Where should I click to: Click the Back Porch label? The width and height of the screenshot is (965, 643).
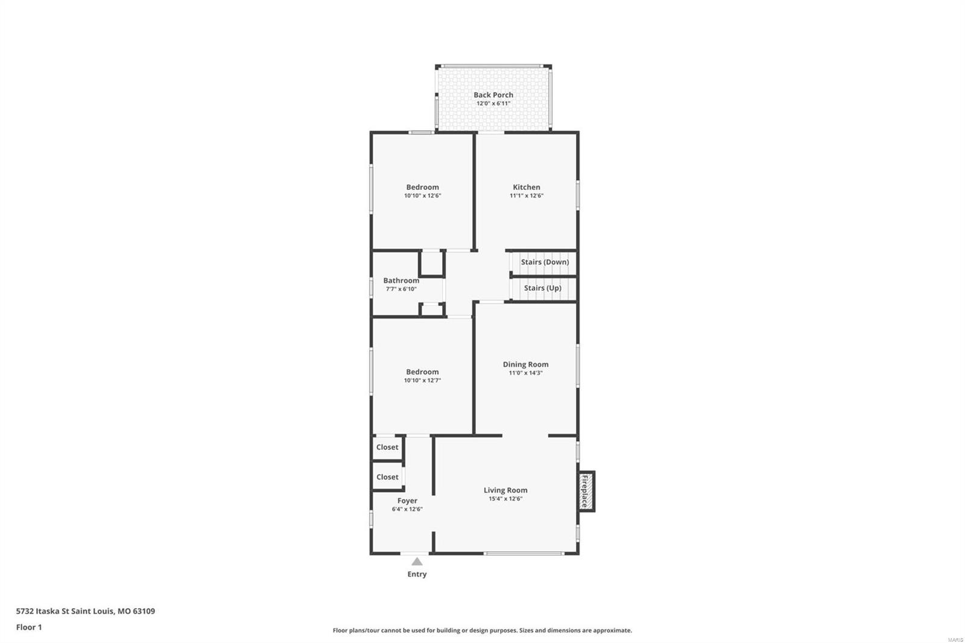click(x=493, y=95)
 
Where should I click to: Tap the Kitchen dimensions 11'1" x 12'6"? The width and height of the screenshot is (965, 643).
click(x=526, y=195)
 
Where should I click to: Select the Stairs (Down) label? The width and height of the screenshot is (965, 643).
click(x=545, y=262)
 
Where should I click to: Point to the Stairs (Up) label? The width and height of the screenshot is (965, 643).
click(x=542, y=288)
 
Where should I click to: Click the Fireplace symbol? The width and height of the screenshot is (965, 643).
click(x=585, y=491)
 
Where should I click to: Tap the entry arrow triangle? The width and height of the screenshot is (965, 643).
click(x=417, y=562)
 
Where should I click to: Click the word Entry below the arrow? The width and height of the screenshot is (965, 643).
click(x=417, y=574)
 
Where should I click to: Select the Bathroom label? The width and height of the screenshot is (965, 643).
click(x=401, y=280)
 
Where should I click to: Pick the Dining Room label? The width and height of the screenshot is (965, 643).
click(x=525, y=364)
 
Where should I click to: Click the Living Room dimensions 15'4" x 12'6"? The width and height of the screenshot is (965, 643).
click(x=505, y=499)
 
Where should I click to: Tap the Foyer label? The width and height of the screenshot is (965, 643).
click(x=407, y=501)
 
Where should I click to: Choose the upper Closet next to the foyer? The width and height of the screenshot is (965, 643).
click(x=387, y=447)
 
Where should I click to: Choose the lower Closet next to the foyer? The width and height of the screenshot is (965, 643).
click(x=387, y=477)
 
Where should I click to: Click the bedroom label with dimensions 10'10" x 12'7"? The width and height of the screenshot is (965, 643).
click(x=422, y=372)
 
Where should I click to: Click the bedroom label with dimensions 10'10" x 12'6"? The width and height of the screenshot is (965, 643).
click(x=422, y=187)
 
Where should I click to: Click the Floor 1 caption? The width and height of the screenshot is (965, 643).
click(x=29, y=627)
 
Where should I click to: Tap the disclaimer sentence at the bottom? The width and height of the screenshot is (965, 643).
click(x=482, y=630)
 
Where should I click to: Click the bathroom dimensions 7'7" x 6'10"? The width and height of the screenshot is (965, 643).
click(x=401, y=289)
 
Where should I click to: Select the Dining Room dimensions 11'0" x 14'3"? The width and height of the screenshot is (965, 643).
click(x=525, y=373)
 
